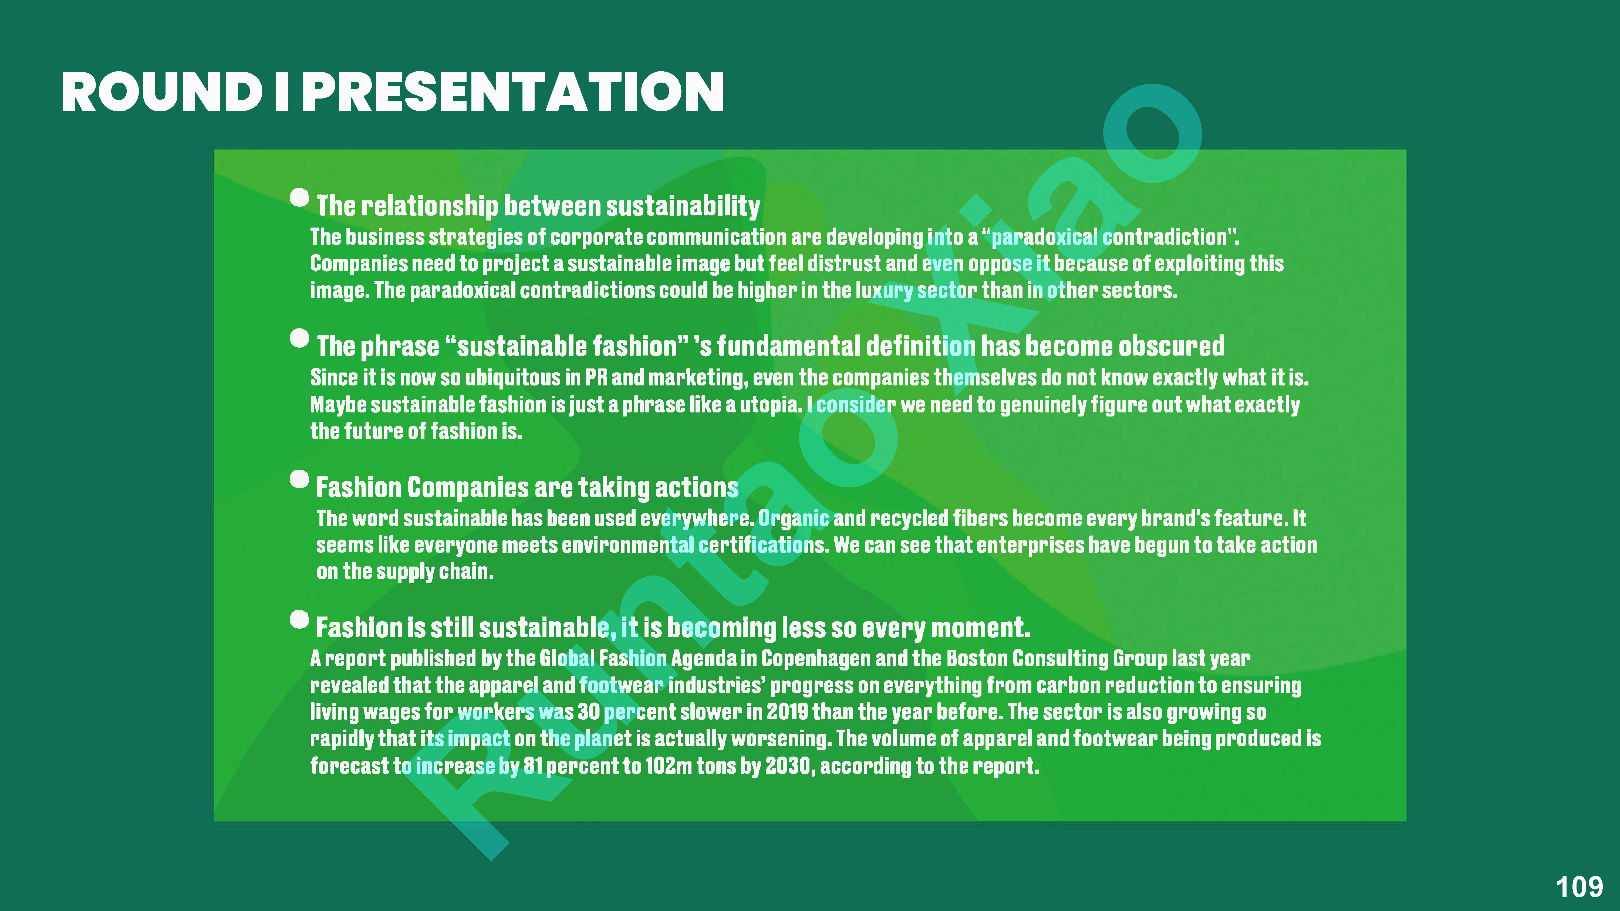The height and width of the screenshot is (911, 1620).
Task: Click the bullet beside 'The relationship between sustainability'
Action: tap(299, 197)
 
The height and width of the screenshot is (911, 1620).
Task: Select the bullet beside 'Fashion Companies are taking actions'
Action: tap(299, 479)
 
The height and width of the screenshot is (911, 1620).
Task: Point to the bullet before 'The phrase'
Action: tap(299, 338)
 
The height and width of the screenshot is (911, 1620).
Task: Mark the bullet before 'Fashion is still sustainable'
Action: tap(299, 619)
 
